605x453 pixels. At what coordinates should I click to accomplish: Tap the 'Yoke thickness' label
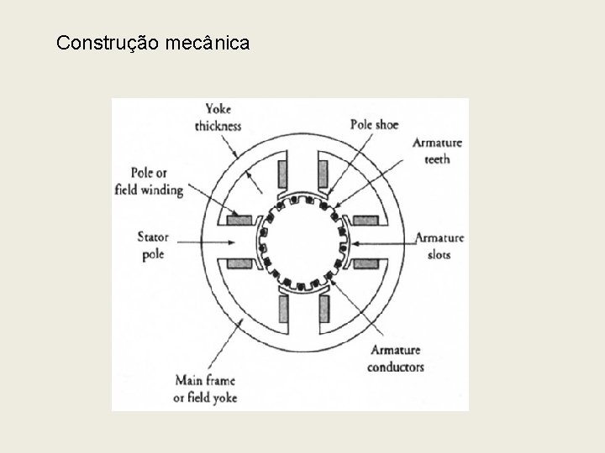(x=218, y=117)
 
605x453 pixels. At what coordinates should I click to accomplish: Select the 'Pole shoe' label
(x=374, y=125)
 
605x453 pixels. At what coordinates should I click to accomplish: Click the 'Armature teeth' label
(x=437, y=151)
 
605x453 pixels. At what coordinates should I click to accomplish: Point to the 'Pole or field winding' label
(x=149, y=182)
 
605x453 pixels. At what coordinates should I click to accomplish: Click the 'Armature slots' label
(x=439, y=245)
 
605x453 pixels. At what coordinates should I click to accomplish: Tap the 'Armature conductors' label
(x=395, y=358)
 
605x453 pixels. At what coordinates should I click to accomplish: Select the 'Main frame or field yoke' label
(x=205, y=390)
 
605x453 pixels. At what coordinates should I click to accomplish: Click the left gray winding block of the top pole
(x=282, y=174)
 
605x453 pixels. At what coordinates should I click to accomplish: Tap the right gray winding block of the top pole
(x=322, y=174)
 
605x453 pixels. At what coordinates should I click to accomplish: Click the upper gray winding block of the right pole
(x=366, y=221)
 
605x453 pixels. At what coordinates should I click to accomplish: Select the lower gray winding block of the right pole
(x=366, y=263)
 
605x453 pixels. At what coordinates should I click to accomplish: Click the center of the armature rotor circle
(x=302, y=242)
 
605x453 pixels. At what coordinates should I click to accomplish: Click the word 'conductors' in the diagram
(x=395, y=367)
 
